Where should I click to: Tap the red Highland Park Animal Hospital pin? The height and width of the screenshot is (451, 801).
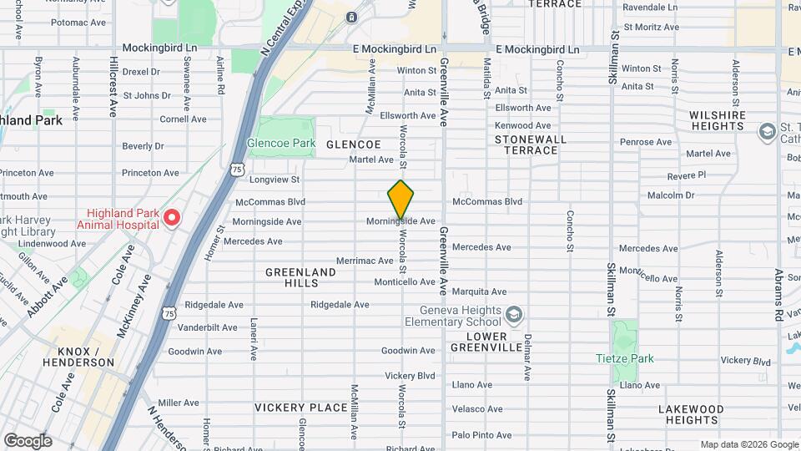coord(172,218)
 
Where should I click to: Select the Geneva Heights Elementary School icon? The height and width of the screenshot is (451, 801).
coord(515,314)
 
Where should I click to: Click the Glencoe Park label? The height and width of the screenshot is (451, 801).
coord(281,144)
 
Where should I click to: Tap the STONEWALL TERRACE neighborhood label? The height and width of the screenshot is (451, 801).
coord(531,144)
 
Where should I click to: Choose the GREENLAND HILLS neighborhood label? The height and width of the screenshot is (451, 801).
coord(300,278)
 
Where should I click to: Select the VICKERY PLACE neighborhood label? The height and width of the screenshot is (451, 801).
coord(301,408)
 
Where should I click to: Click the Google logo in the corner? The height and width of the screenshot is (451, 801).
coord(28,441)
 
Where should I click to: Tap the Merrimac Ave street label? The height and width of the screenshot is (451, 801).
coord(365,261)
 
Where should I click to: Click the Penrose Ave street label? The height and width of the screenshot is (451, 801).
coord(645,142)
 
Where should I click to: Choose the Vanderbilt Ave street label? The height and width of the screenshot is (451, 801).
coord(208,327)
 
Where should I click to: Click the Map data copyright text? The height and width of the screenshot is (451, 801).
coord(748,444)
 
